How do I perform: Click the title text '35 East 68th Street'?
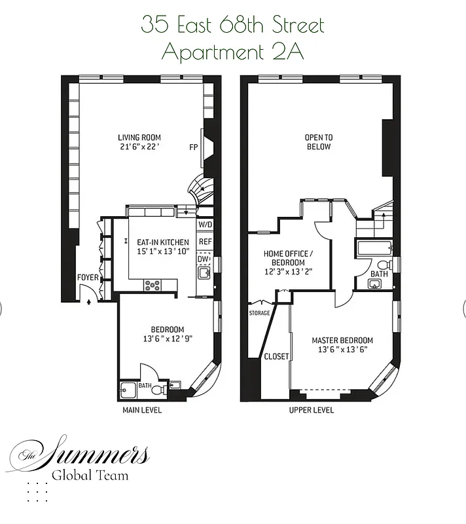pyautogui.click(x=232, y=26)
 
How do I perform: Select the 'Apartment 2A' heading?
pyautogui.click(x=232, y=52)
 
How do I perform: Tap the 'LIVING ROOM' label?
pyautogui.click(x=139, y=138)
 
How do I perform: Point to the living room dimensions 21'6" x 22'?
pyautogui.click(x=139, y=147)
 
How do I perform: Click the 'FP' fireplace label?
pyautogui.click(x=194, y=147)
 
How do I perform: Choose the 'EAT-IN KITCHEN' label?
pyautogui.click(x=162, y=242)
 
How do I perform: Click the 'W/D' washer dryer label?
pyautogui.click(x=205, y=225)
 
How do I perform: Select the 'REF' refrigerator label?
pyautogui.click(x=205, y=242)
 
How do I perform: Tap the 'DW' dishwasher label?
pyautogui.click(x=203, y=258)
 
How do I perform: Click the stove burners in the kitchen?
pyautogui.click(x=152, y=285)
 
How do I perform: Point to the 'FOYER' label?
pyautogui.click(x=88, y=278)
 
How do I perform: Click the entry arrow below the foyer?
pyautogui.click(x=88, y=302)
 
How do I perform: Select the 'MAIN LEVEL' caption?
pyautogui.click(x=142, y=410)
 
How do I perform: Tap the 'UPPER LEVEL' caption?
pyautogui.click(x=312, y=410)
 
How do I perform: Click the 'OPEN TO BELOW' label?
pyautogui.click(x=319, y=142)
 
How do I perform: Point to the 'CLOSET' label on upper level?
pyautogui.click(x=276, y=356)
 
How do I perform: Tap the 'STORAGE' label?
pyautogui.click(x=259, y=313)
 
